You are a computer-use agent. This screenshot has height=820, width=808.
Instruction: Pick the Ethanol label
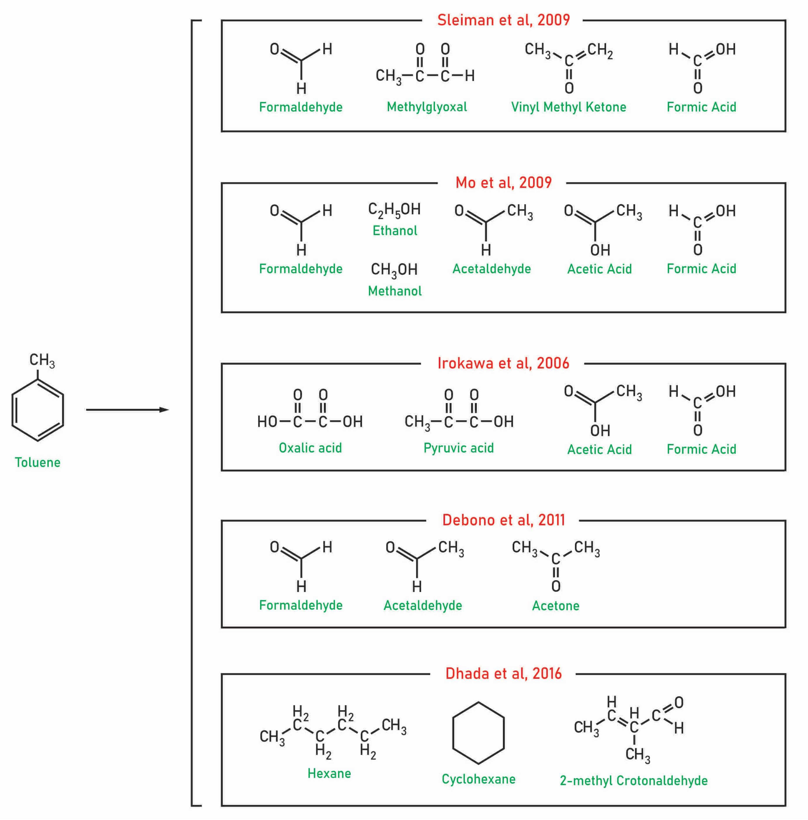coord(395,231)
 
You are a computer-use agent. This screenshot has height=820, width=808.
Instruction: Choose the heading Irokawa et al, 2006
coord(503,363)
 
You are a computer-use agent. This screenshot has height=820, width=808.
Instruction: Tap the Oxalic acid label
coord(310,448)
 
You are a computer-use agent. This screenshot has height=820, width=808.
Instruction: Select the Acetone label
coord(555,606)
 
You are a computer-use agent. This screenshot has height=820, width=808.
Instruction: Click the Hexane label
coord(329,773)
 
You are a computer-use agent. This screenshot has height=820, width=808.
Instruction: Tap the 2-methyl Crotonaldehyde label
coord(634,780)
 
